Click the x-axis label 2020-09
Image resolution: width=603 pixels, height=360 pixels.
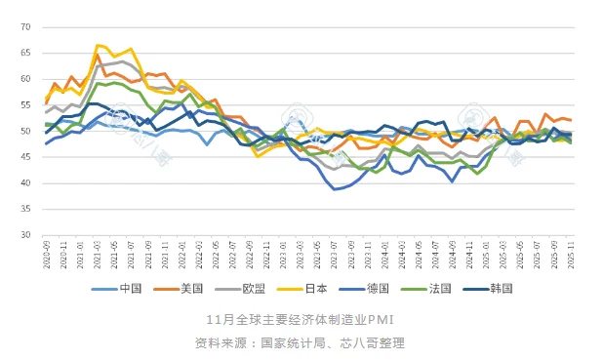click(46, 258)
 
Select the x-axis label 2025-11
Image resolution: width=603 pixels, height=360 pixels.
click(571, 258)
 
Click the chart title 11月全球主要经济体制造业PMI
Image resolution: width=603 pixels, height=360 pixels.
click(301, 320)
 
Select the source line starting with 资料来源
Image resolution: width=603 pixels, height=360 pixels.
click(301, 342)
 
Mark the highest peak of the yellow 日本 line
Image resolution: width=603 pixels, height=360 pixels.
click(98, 45)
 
